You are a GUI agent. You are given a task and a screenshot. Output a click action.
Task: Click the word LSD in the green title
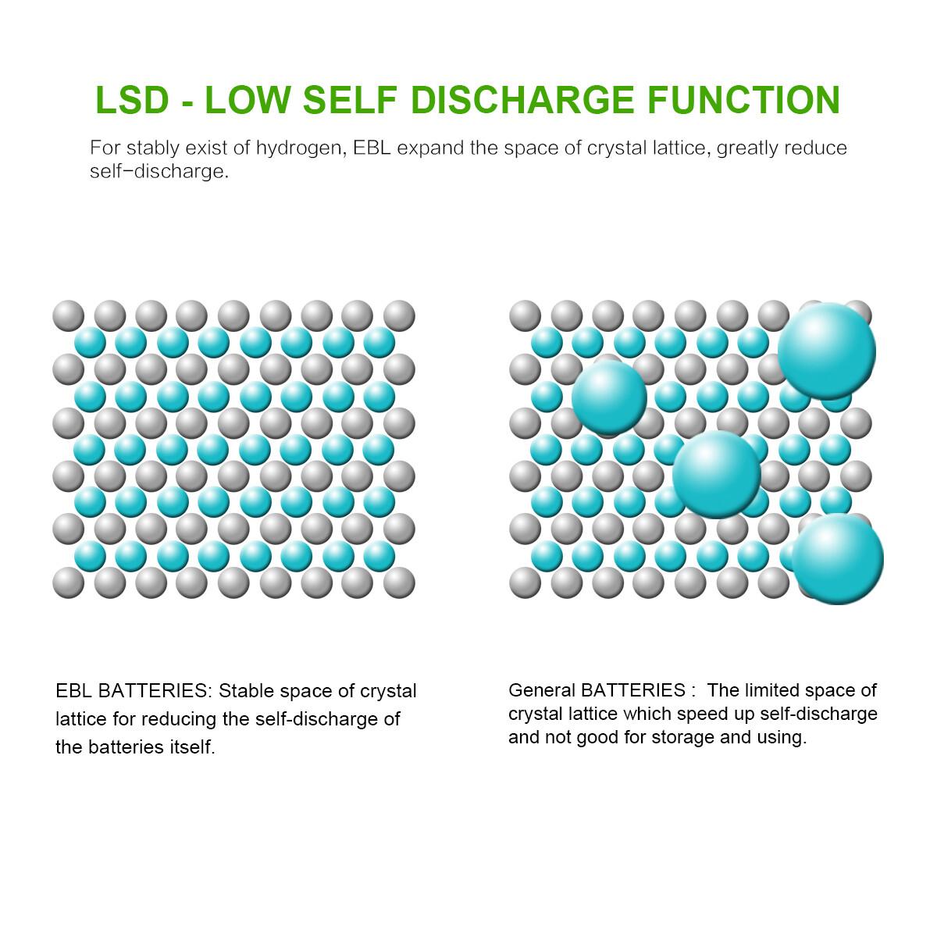(x=132, y=100)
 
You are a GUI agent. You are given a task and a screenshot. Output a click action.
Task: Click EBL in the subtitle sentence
(x=372, y=148)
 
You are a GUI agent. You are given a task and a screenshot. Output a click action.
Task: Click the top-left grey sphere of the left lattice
(x=68, y=316)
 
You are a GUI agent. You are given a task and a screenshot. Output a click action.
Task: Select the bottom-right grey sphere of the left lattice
(x=399, y=582)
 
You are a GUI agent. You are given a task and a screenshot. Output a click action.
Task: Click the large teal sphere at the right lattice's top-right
(x=826, y=351)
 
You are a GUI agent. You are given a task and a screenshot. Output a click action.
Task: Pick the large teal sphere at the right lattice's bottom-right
(x=837, y=559)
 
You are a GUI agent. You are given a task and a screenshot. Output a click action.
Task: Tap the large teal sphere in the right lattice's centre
(x=716, y=475)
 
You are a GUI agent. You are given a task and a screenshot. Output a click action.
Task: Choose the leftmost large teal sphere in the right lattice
(x=609, y=397)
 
